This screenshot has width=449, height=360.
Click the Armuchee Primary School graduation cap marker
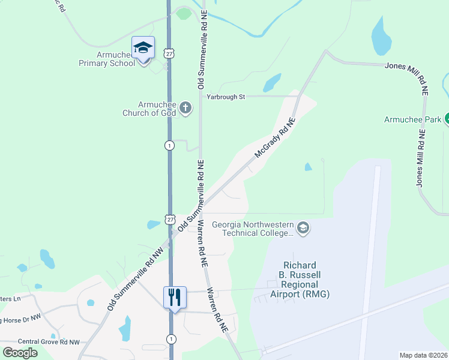pyautogui.click(x=143, y=47)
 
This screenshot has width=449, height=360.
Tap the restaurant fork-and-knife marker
pyautogui.click(x=175, y=297)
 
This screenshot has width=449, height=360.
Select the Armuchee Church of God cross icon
pyautogui.click(x=186, y=108)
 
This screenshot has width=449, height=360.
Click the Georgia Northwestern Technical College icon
pyautogui.click(x=303, y=228)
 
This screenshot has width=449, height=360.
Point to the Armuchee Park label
pyautogui.click(x=413, y=119)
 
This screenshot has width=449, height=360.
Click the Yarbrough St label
pyautogui.click(x=226, y=96)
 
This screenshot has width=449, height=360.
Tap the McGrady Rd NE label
pyautogui.click(x=276, y=138)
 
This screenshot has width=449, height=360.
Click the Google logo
pyautogui.click(x=20, y=353)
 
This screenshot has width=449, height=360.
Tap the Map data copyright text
pyautogui.click(x=423, y=355)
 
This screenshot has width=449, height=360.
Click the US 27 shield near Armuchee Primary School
pyautogui.click(x=170, y=53)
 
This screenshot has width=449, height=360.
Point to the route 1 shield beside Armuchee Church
pyautogui.click(x=170, y=145)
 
